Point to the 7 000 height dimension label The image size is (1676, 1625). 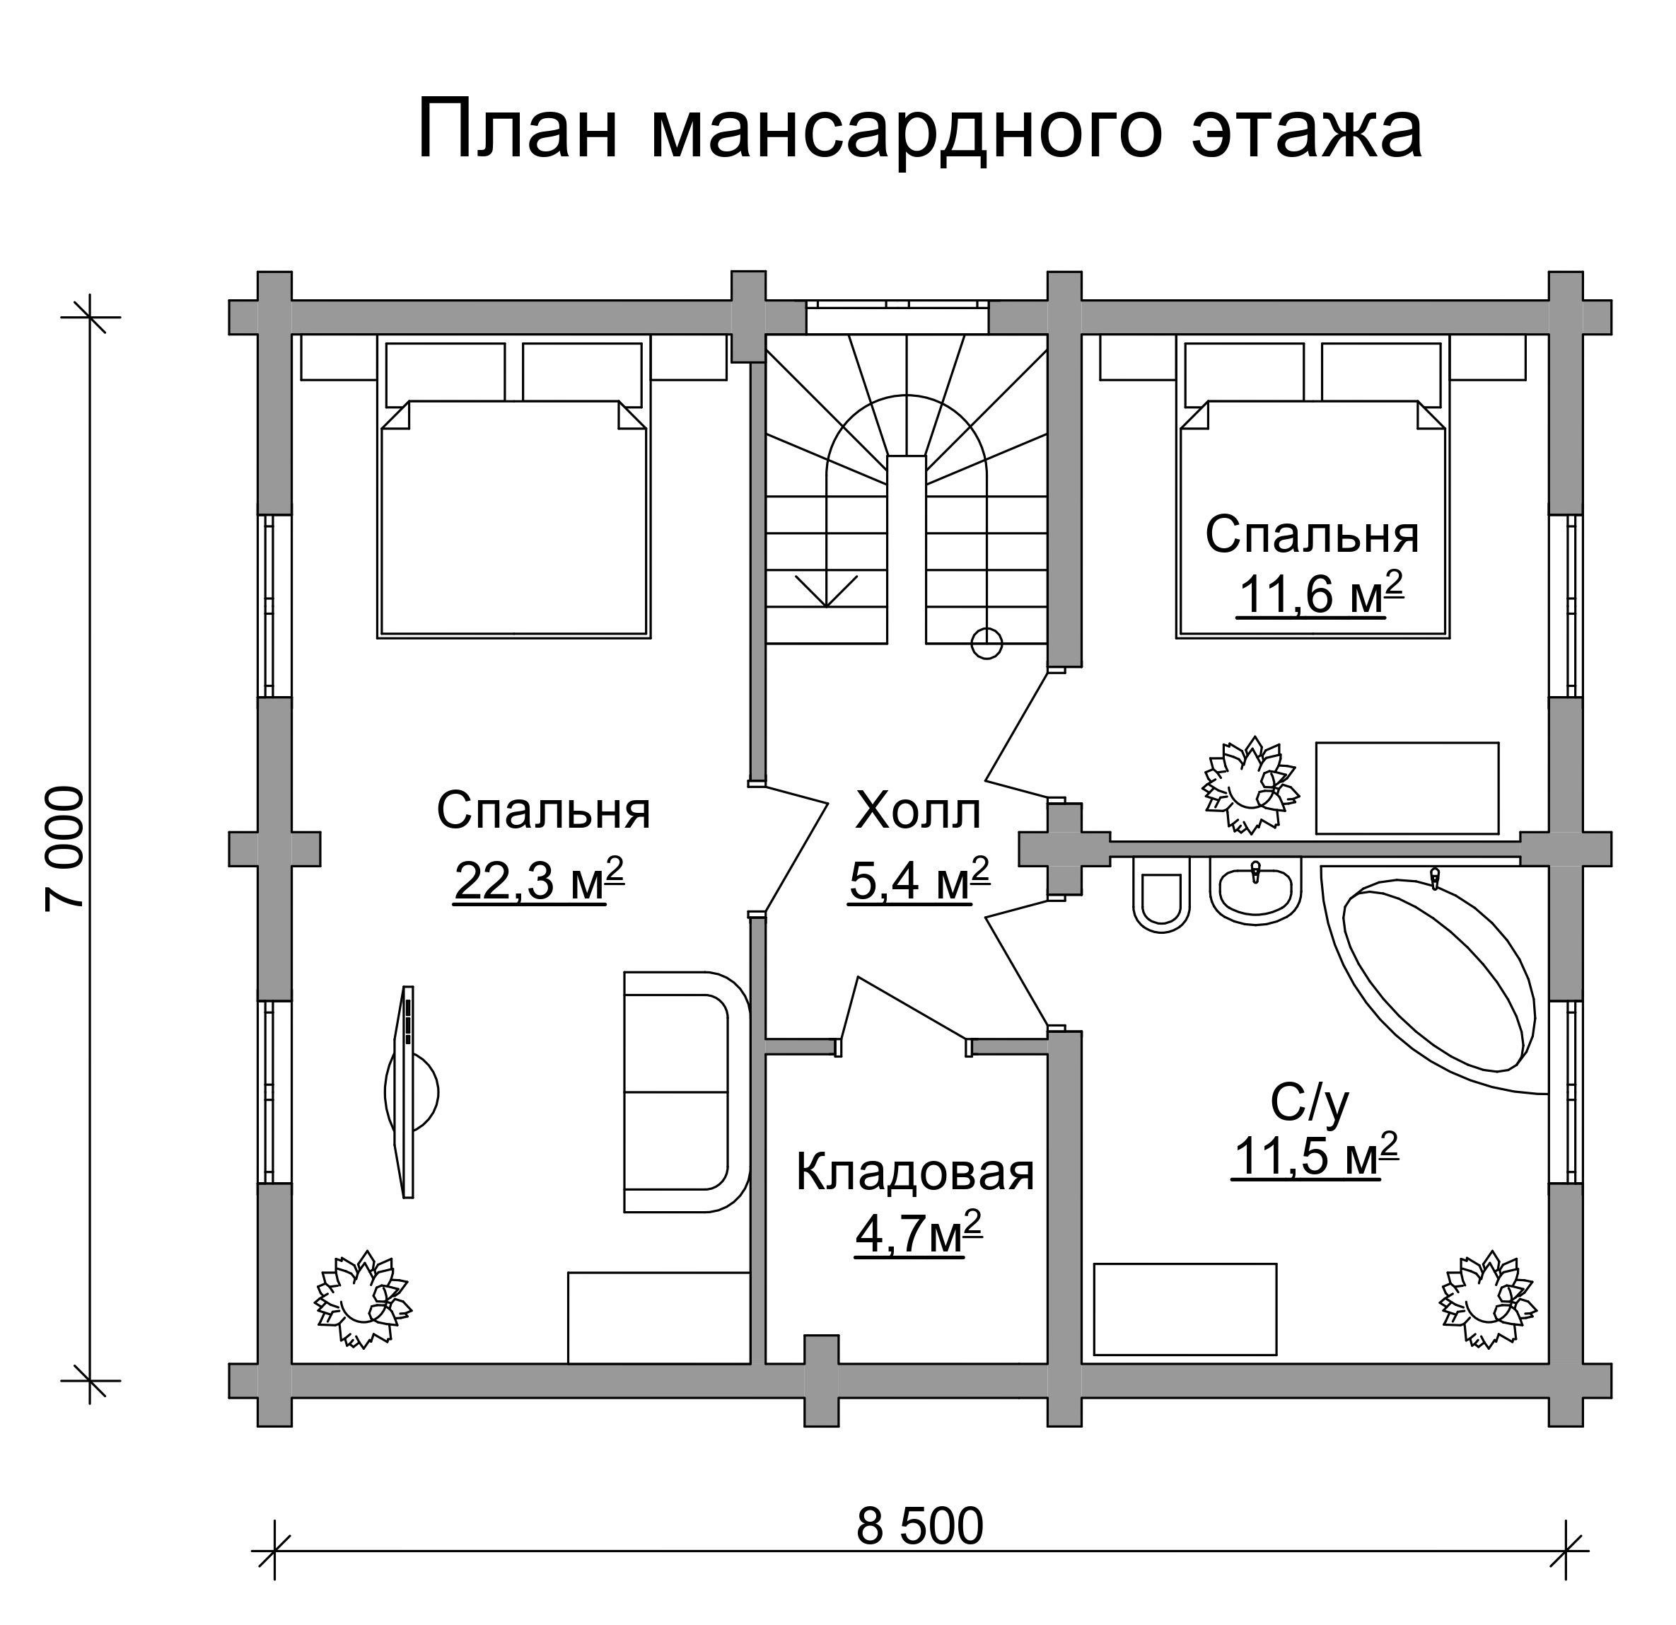[x=66, y=848]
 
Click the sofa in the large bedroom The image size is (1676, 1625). [x=686, y=1092]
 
